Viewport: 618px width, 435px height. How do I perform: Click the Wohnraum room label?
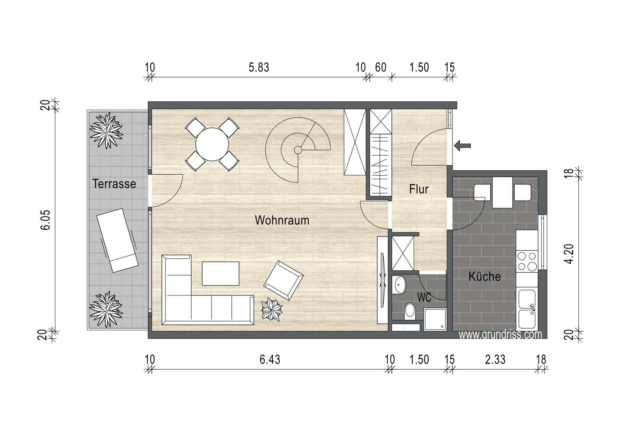[282, 220]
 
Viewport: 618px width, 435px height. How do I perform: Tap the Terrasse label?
[114, 184]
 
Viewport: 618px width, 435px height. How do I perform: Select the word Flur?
[419, 189]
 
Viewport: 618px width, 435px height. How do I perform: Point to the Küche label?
[484, 276]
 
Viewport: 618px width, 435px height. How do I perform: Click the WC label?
[424, 298]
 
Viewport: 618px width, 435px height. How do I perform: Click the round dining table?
[212, 144]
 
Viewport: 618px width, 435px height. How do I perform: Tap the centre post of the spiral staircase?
[298, 150]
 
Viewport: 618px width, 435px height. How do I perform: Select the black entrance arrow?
[463, 146]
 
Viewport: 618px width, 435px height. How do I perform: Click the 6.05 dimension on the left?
[46, 220]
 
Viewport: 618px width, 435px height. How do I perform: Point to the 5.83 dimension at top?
[259, 68]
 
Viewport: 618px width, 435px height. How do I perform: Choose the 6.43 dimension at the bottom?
[270, 359]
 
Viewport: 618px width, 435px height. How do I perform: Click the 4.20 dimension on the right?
[569, 254]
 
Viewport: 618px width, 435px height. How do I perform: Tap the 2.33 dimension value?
[495, 359]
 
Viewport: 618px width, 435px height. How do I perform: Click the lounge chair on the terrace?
[118, 240]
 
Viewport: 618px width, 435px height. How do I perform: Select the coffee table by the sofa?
[220, 274]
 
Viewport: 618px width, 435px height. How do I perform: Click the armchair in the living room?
[284, 280]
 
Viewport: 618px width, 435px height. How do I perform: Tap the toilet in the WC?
[410, 310]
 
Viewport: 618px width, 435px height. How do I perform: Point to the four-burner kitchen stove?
[527, 261]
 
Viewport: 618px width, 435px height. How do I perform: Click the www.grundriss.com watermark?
[500, 334]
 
